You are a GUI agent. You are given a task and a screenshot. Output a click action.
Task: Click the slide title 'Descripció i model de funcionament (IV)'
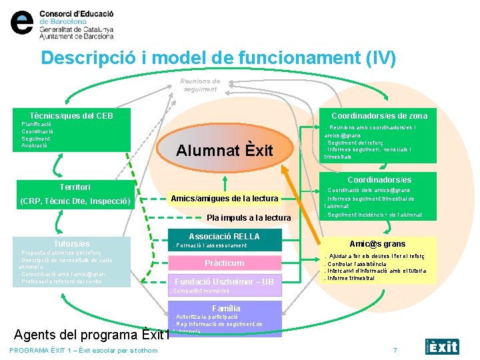[218, 58]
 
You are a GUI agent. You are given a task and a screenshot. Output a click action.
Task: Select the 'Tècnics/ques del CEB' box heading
[72, 116]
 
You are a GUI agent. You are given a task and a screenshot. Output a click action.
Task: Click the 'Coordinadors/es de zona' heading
[379, 115]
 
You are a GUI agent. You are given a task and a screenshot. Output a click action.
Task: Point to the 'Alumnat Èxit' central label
[225, 151]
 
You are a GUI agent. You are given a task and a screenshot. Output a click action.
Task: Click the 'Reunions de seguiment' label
[200, 85]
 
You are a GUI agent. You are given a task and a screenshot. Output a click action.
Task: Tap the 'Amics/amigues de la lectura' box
[224, 198]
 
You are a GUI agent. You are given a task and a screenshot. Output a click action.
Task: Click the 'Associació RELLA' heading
[224, 237]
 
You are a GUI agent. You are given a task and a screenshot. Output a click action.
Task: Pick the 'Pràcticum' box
[224, 263]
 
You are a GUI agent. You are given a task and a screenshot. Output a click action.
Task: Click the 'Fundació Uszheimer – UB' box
[224, 282]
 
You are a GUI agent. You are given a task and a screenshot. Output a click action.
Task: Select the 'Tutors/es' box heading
[71, 244]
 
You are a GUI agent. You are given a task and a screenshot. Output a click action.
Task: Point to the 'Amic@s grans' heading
[377, 244]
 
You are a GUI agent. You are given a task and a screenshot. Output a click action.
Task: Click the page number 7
[395, 351]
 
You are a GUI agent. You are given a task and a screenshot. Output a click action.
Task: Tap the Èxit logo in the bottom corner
[443, 346]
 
